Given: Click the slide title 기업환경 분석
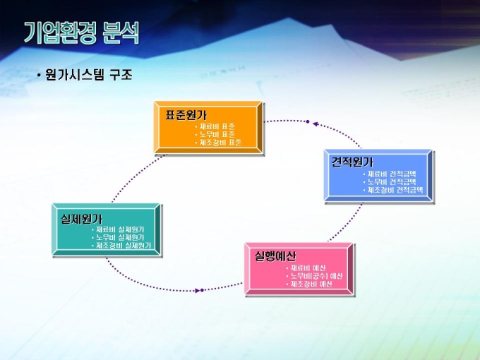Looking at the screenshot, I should (x=81, y=32).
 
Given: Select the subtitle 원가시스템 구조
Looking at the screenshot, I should (x=88, y=74).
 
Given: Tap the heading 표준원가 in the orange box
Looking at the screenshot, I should (x=186, y=115).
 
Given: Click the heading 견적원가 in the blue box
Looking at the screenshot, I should (x=352, y=162).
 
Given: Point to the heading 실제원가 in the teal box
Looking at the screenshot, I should (x=81, y=219).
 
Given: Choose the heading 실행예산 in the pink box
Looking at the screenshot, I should (x=275, y=256).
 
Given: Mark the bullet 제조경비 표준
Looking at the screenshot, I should (x=220, y=142).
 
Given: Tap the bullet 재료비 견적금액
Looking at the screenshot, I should (x=392, y=174).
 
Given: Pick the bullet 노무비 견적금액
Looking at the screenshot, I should (x=392, y=181).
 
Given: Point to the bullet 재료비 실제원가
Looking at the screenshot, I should (x=120, y=230).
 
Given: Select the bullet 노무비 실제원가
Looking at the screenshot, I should (x=120, y=238).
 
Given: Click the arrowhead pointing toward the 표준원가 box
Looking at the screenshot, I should (x=308, y=122).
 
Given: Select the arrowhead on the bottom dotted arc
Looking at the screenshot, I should (x=201, y=290).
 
